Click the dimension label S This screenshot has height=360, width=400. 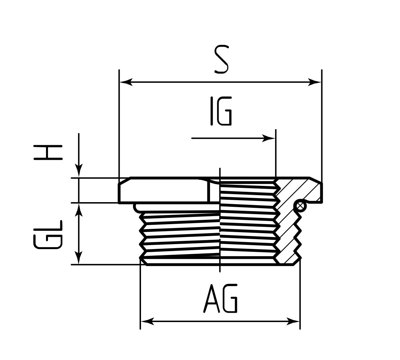click(x=221, y=60)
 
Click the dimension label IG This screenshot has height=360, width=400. click(x=221, y=111)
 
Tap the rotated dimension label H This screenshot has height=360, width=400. click(x=48, y=153)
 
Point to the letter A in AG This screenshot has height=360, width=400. click(x=211, y=299)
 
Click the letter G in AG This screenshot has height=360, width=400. click(x=230, y=299)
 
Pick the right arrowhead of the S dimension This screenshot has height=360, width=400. click(x=315, y=82)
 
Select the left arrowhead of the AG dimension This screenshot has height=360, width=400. click(x=147, y=322)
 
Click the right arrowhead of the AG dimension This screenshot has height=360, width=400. click(x=293, y=322)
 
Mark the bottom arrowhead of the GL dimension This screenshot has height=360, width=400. click(x=79, y=258)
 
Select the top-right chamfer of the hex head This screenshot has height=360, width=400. click(x=316, y=180)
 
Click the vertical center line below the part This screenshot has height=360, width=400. click(x=220, y=269)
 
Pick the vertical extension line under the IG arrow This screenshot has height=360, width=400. click(x=276, y=153)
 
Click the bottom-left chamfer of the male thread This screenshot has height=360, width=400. click(x=144, y=262)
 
